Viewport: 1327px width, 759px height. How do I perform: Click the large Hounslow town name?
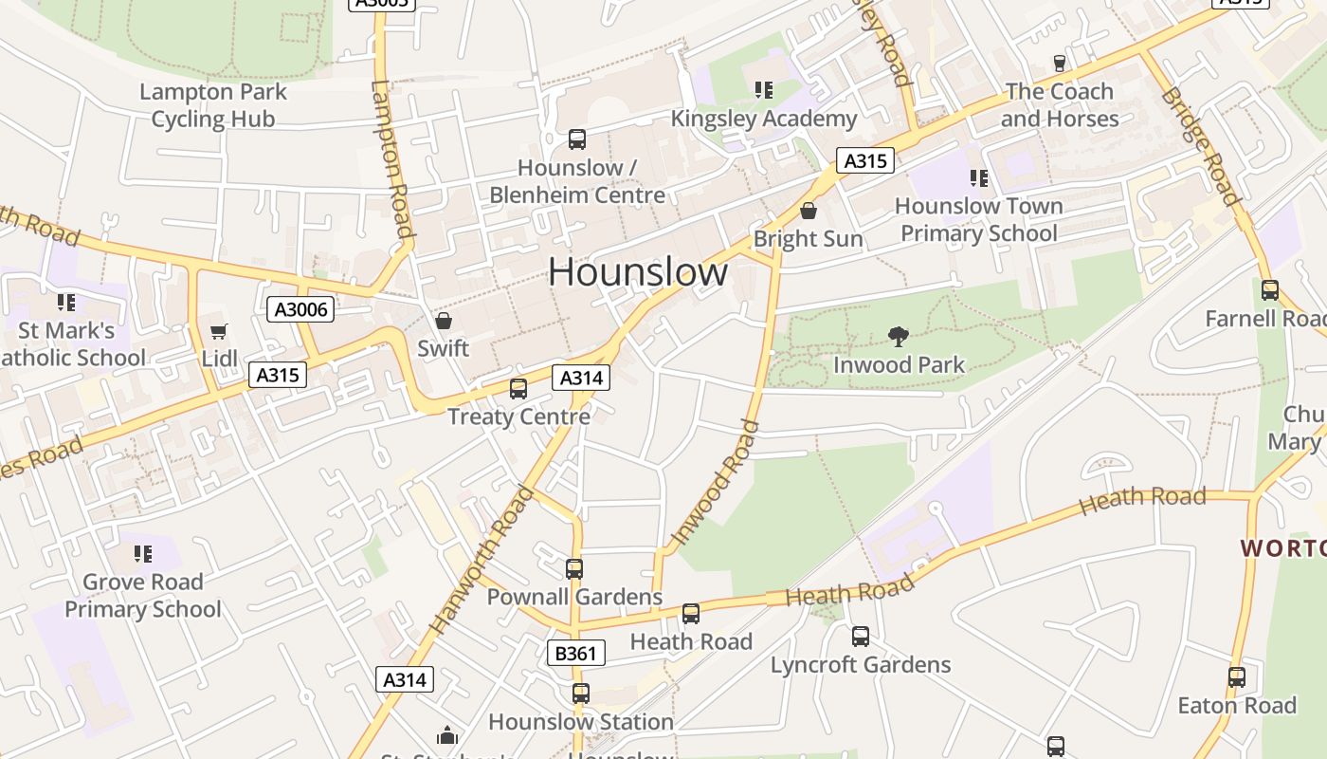(638, 272)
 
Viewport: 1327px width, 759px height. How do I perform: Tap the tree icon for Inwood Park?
(898, 336)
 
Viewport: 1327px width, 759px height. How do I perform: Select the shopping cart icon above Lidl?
(219, 331)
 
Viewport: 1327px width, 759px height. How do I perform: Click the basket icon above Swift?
(443, 321)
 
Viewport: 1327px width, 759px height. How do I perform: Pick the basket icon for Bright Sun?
(809, 211)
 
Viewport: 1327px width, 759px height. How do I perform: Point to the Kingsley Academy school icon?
(764, 90)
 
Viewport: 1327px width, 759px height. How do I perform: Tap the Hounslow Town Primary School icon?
(979, 177)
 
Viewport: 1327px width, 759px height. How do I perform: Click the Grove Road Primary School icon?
(143, 553)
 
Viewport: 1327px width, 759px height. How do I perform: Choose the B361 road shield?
(575, 653)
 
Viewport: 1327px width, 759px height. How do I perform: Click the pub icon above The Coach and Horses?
(1060, 64)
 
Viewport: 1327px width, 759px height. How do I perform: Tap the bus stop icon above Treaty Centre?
(518, 388)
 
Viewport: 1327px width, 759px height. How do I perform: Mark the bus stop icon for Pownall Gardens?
(574, 569)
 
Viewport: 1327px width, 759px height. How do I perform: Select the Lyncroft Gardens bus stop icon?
(861, 637)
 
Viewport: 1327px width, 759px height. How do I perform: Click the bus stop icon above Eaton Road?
(1237, 677)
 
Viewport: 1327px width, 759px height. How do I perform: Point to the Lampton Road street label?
(392, 158)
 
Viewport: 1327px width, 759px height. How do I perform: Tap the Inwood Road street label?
(716, 484)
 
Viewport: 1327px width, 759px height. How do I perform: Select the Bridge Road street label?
(1201, 146)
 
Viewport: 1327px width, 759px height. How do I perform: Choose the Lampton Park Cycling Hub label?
(213, 105)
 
